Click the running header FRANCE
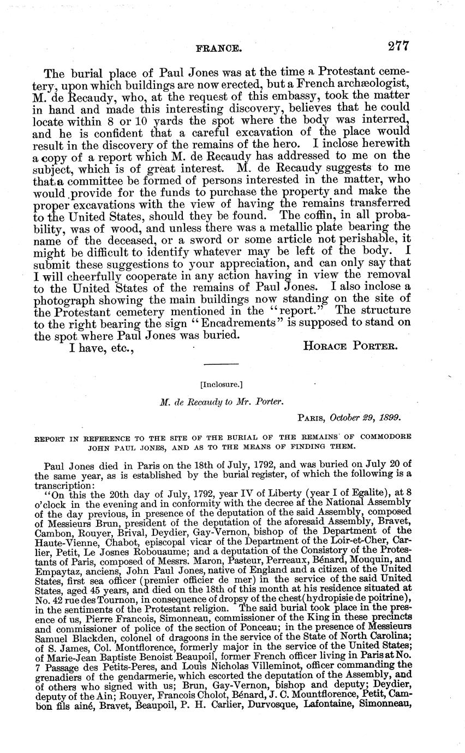218,49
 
